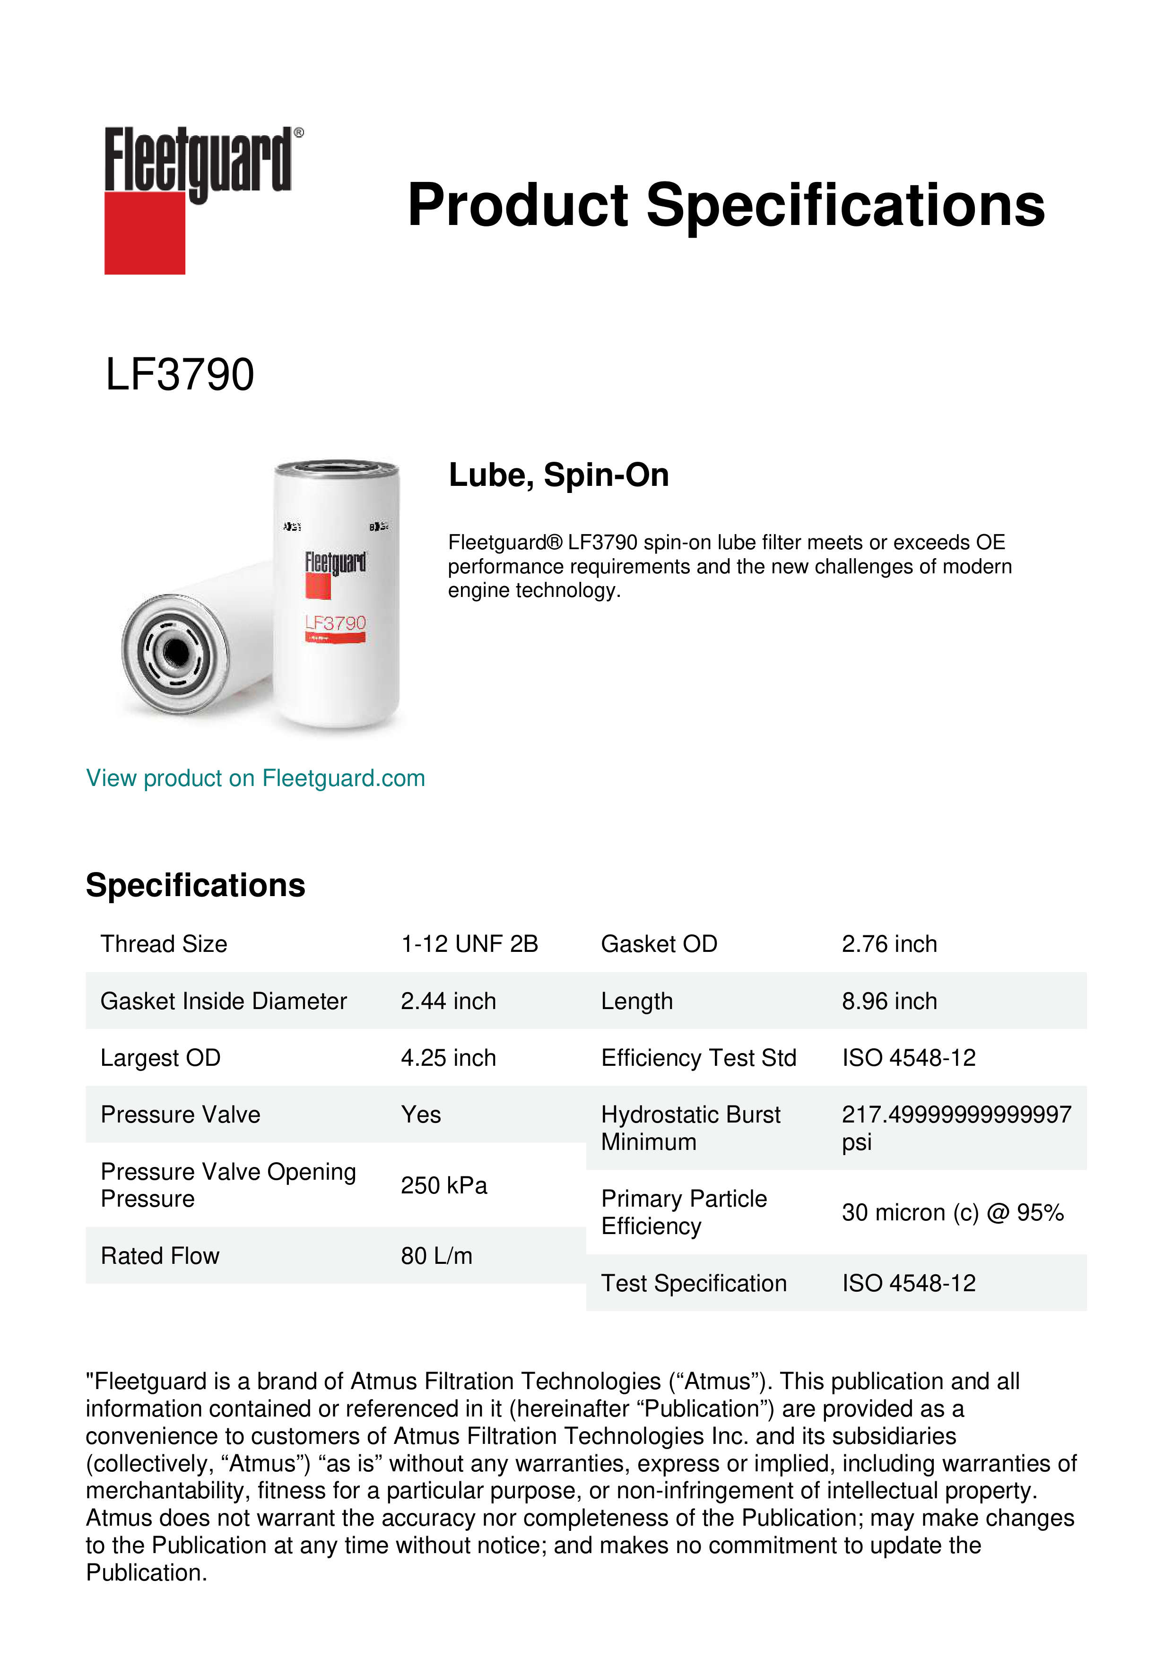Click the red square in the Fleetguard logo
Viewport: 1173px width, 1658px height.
click(145, 233)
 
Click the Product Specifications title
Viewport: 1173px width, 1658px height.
click(726, 205)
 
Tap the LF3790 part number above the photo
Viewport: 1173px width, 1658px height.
click(180, 375)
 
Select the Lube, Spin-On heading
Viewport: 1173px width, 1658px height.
click(558, 475)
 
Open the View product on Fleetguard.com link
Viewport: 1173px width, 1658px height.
click(255, 778)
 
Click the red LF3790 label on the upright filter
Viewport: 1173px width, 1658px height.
click(335, 622)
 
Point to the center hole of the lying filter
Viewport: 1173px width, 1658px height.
click(175, 653)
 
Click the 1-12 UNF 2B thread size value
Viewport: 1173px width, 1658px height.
click(469, 944)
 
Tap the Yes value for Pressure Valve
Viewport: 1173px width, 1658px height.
click(421, 1115)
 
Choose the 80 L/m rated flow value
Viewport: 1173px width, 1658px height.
click(436, 1256)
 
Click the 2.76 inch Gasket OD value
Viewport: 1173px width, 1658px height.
click(889, 944)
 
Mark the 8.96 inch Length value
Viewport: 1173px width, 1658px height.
click(889, 1001)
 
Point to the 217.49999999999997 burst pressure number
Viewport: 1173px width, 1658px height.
click(956, 1115)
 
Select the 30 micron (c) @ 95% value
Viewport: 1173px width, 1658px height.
click(953, 1212)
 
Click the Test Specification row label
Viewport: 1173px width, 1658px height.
click(694, 1283)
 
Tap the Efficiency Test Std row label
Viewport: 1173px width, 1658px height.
click(698, 1058)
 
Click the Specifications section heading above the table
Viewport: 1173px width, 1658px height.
click(196, 885)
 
